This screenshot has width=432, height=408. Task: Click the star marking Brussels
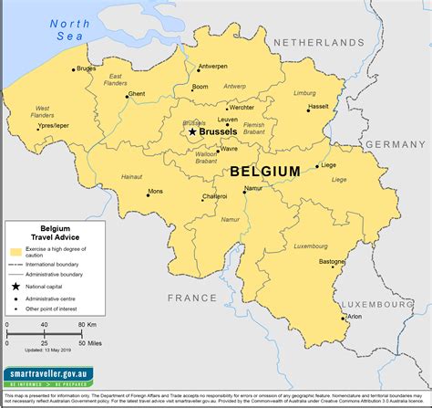[x=192, y=131]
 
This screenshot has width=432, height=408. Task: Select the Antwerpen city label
[x=212, y=67]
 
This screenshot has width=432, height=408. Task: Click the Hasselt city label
[x=318, y=106]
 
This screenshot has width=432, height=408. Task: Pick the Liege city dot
[x=318, y=166]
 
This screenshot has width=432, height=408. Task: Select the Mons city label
[x=155, y=192]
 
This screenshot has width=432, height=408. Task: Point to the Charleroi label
[x=215, y=196]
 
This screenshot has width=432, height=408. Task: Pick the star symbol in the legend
[x=15, y=287]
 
